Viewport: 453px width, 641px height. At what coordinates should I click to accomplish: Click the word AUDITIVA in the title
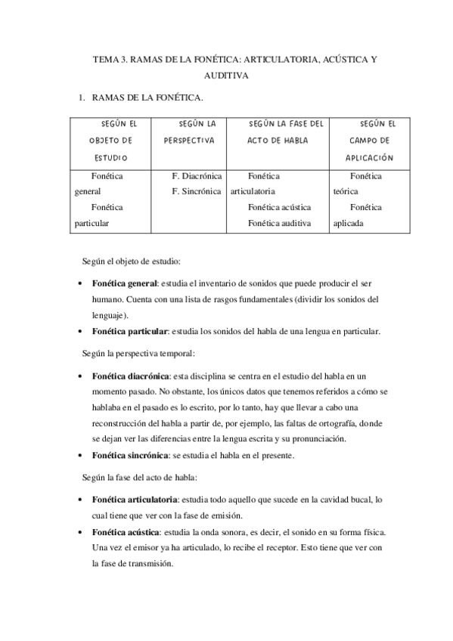pyautogui.click(x=226, y=76)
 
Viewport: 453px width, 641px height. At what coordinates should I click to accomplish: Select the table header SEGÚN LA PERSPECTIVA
pyautogui.click(x=191, y=132)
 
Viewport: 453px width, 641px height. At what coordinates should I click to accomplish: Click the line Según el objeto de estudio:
pyautogui.click(x=131, y=262)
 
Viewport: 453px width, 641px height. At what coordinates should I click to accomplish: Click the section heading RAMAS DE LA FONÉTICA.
pyautogui.click(x=147, y=98)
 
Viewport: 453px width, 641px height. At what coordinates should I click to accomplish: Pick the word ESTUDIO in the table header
pyautogui.click(x=110, y=158)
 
